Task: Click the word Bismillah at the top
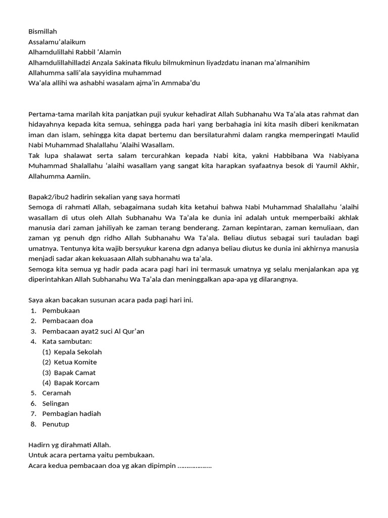(43, 31)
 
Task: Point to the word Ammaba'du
(183, 83)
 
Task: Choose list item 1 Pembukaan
(61, 311)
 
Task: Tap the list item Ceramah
(57, 393)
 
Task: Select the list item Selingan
(56, 404)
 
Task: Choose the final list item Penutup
(56, 424)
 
